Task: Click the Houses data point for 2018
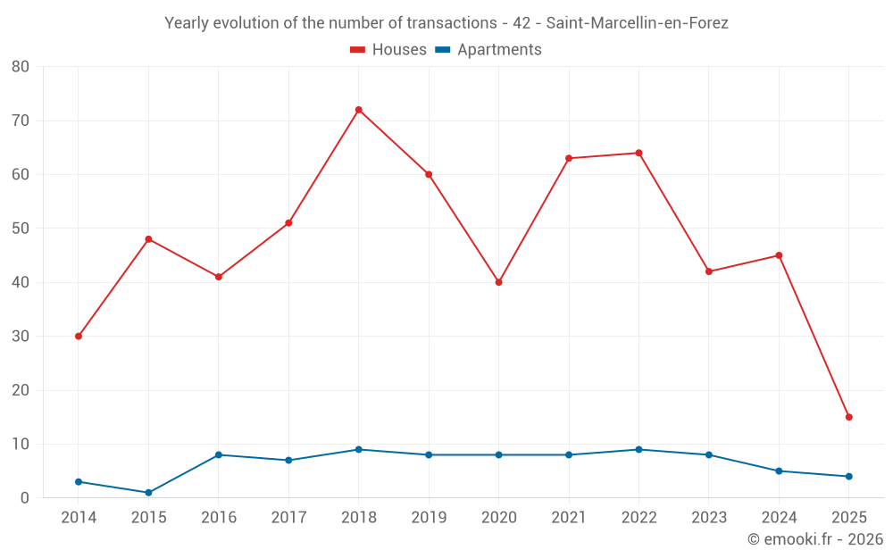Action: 359,110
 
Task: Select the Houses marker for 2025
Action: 849,417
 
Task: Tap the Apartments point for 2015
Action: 148,493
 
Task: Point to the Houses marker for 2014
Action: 79,337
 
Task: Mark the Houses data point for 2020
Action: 499,282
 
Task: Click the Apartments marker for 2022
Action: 638,449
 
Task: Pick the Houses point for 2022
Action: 638,153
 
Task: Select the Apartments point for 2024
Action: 779,471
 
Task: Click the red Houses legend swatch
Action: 357,50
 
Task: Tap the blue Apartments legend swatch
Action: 442,50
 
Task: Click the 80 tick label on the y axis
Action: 21,67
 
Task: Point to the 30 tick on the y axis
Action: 21,337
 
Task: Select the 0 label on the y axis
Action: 25,498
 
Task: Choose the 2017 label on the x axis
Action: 288,518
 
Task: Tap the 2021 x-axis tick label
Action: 569,518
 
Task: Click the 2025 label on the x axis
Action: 849,518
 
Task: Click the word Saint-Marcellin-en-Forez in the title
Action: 637,23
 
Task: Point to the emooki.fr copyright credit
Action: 814,539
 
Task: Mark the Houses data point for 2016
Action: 219,277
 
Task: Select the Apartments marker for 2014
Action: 79,482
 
